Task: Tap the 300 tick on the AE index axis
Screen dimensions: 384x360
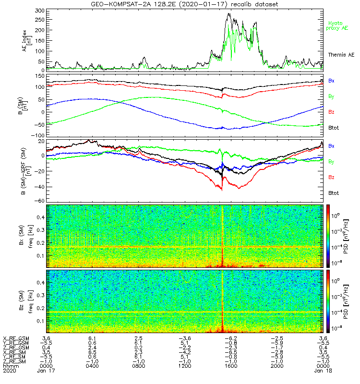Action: pos(40,11)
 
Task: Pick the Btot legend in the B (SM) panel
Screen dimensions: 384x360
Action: pos(334,129)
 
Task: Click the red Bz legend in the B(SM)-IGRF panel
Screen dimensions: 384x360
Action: pos(332,177)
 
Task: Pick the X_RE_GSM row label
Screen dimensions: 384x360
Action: pos(16,338)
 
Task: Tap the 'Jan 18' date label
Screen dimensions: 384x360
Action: pos(322,371)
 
